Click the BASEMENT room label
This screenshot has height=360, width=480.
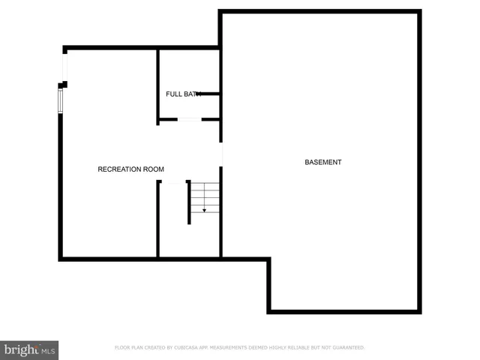click(322, 163)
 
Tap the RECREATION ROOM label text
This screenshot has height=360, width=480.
click(130, 169)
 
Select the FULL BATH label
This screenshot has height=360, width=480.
click(183, 94)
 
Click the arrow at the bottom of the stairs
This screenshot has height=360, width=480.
click(204, 210)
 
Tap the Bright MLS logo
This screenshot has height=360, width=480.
click(29, 349)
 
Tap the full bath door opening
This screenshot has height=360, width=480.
click(189, 119)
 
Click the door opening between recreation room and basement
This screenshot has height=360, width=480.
click(221, 154)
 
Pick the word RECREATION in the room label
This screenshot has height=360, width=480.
click(120, 169)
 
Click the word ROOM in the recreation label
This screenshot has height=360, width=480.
click(154, 169)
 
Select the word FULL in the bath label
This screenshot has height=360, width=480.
click(173, 94)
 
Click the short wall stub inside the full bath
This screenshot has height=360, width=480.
click(208, 94)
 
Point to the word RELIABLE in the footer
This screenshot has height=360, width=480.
click(301, 348)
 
